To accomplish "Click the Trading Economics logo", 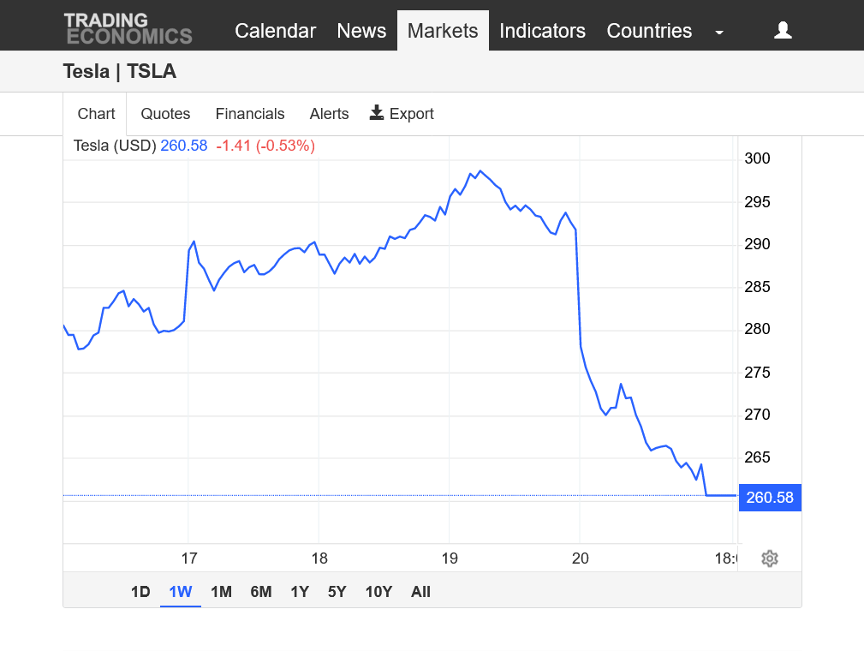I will tap(128, 28).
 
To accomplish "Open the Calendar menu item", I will tap(275, 31).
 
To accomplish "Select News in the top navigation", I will tap(361, 31).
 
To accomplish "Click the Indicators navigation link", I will tap(542, 31).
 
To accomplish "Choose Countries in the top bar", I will tap(649, 31).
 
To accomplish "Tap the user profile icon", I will tap(783, 31).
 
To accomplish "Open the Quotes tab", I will tap(165, 114).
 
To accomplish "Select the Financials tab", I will tap(250, 114).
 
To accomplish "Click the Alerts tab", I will tap(329, 114).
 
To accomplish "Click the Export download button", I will tap(402, 114).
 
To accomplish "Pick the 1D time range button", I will tap(140, 592).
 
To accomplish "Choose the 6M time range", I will tap(261, 592).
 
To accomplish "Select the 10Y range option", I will tap(378, 592).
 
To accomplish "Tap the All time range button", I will tap(420, 592).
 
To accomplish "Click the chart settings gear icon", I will tap(770, 558).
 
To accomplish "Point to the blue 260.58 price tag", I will tap(770, 497).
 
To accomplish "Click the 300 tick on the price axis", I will tap(758, 158).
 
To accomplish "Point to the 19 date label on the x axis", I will tap(450, 558).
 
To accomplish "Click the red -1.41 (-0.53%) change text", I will tap(265, 146).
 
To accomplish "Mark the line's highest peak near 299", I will tap(480, 171).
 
